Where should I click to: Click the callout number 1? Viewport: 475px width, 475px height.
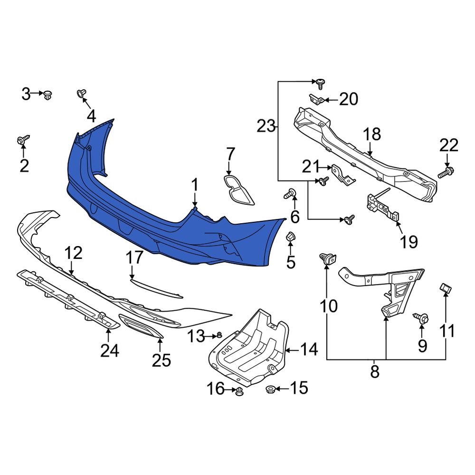pos(194,185)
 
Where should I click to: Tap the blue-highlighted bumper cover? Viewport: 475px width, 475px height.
pos(142,209)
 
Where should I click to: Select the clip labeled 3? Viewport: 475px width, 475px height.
pos(48,95)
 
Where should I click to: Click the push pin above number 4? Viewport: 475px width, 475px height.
pos(81,93)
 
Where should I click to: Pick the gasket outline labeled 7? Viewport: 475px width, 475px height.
pos(238,189)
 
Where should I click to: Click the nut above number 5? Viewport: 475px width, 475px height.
pos(291,237)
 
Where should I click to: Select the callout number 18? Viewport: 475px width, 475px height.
pos(373,134)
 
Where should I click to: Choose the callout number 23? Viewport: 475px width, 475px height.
pos(266,126)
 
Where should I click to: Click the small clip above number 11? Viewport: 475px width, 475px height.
pos(445,287)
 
